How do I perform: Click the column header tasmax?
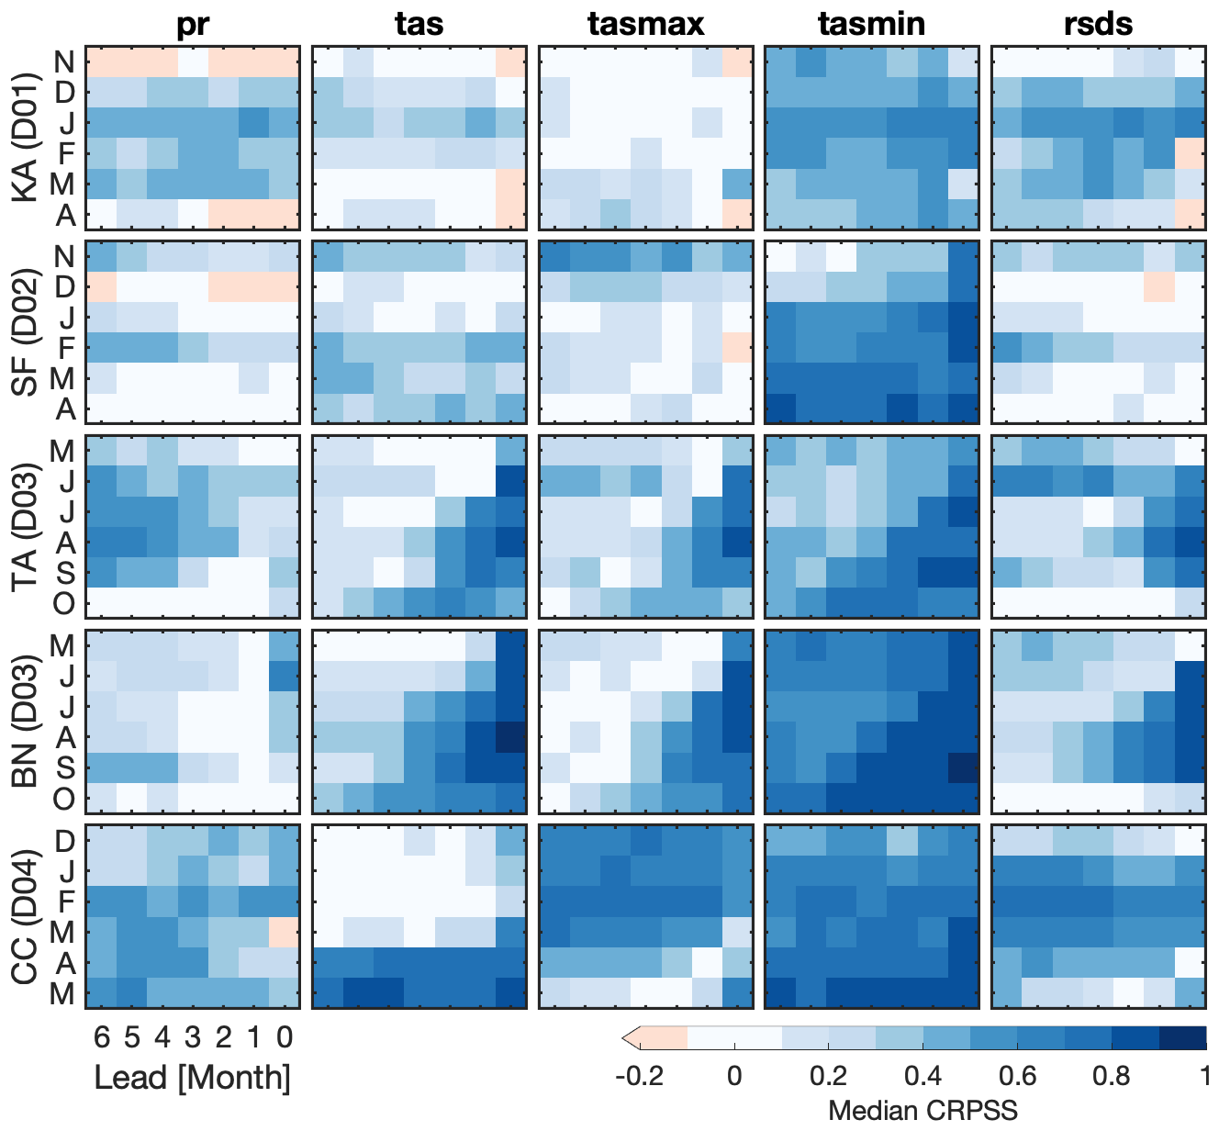[x=645, y=24]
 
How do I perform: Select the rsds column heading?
[x=1099, y=24]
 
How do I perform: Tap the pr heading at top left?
[x=193, y=25]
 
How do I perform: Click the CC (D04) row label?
[x=27, y=916]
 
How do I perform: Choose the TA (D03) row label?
[x=27, y=527]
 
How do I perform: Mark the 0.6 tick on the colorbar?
[x=1017, y=1075]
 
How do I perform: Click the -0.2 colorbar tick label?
[x=639, y=1075]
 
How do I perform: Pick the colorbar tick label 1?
[x=1204, y=1075]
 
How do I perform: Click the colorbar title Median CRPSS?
[x=922, y=1111]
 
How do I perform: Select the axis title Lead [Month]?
[x=193, y=1078]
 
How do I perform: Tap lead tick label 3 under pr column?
[x=193, y=1037]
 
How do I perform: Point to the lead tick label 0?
[x=285, y=1037]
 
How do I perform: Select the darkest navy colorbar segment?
[x=1182, y=1037]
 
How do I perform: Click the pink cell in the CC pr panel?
[x=285, y=933]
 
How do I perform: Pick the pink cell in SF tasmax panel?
[x=737, y=347]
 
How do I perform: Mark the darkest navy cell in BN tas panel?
[x=511, y=736]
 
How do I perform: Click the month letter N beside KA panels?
[x=64, y=62]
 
